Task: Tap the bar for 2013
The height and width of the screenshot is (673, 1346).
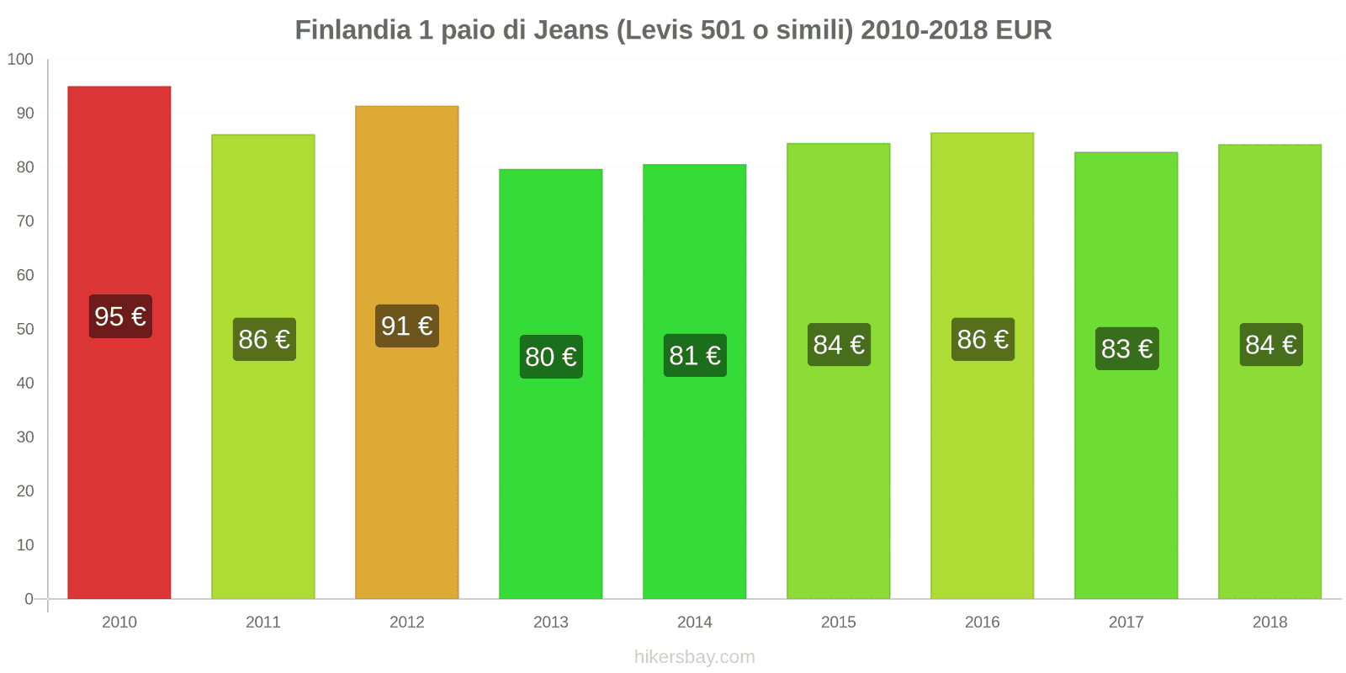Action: (x=551, y=471)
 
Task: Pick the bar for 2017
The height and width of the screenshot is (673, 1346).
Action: (x=1126, y=471)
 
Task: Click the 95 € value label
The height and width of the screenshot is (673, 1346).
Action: (x=120, y=316)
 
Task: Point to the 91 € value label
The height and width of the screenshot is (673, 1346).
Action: (x=407, y=326)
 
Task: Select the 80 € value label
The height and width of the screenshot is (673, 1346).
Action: (x=551, y=357)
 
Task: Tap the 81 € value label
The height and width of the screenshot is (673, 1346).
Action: (x=695, y=355)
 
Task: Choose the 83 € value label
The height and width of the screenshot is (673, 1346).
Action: (x=1126, y=348)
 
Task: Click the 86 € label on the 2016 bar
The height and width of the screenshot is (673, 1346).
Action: (x=983, y=339)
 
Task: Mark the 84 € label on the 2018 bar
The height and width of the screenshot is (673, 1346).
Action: (x=1270, y=344)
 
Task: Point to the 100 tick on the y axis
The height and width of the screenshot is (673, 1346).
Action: (x=20, y=59)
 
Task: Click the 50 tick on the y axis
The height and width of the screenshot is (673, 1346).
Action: (x=25, y=329)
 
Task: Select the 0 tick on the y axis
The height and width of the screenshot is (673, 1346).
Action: (x=29, y=599)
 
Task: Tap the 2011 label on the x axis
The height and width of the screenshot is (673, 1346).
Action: (x=263, y=622)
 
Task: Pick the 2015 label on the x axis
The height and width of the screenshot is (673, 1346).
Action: (x=839, y=622)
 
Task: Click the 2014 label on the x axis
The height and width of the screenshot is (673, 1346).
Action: (x=695, y=622)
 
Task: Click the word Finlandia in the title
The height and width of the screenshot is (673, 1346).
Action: (x=352, y=30)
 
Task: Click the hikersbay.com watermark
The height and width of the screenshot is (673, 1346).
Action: (x=695, y=657)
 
